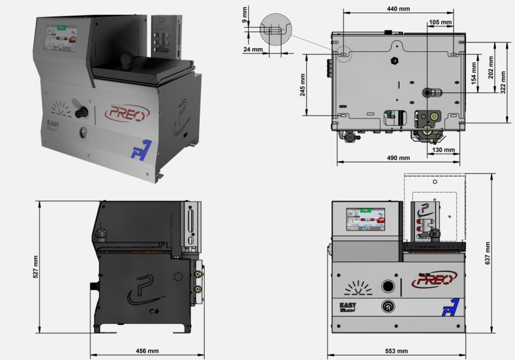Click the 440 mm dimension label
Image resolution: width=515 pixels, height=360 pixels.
398,9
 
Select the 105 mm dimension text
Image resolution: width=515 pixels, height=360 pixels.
440,22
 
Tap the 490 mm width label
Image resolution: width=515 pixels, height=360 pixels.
398,158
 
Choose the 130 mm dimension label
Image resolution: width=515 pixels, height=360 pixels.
444,149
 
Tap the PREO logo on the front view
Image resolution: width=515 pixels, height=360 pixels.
434,279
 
